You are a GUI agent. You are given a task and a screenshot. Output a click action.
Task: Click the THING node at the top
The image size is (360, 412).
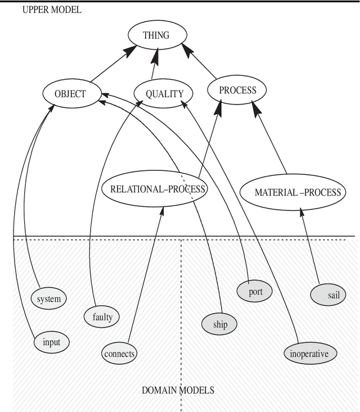pyautogui.click(x=156, y=35)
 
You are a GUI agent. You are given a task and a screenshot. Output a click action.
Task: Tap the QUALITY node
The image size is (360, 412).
pyautogui.click(x=164, y=94)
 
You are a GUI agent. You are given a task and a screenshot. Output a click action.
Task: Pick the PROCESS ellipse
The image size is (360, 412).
pyautogui.click(x=237, y=90)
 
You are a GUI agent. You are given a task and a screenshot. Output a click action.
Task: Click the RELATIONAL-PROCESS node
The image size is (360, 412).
pyautogui.click(x=154, y=189)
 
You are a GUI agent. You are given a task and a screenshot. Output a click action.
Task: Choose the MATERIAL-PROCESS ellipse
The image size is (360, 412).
pyautogui.click(x=298, y=192)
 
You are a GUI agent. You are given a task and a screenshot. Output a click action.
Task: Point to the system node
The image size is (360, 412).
pyautogui.click(x=48, y=298)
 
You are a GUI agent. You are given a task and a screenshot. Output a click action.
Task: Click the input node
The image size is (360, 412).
pyautogui.click(x=51, y=341)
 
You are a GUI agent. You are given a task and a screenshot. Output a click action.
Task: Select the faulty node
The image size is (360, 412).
pyautogui.click(x=102, y=317)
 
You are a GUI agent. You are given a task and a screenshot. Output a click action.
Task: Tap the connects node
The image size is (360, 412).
pyautogui.click(x=119, y=354)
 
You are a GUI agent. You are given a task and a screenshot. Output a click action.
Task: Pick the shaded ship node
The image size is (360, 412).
pyautogui.click(x=220, y=324)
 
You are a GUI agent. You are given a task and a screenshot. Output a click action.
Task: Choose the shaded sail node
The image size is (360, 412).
pyautogui.click(x=328, y=295)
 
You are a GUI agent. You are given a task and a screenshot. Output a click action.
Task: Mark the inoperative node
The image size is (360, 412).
pyautogui.click(x=313, y=354)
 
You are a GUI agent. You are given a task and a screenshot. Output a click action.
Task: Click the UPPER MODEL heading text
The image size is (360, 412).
pyautogui.click(x=52, y=10)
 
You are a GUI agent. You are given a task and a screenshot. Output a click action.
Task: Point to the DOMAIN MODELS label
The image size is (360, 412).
pyautogui.click(x=178, y=390)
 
